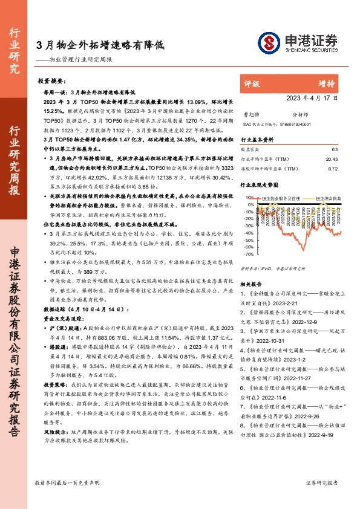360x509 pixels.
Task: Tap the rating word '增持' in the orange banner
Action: point(326,83)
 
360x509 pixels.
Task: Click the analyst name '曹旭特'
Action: point(250,113)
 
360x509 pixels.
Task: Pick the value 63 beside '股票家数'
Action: point(335,149)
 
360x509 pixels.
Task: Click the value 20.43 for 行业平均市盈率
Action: point(332,158)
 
